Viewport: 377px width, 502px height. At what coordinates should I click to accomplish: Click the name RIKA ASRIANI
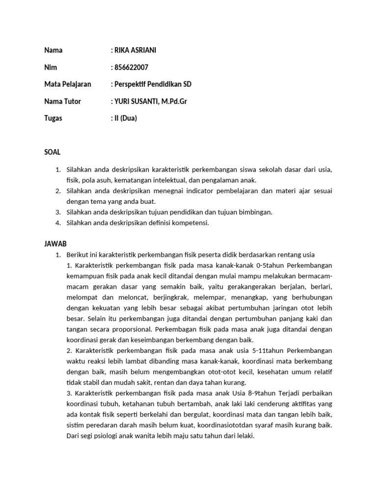click(x=135, y=50)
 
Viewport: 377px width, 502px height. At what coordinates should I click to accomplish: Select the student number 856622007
click(x=131, y=67)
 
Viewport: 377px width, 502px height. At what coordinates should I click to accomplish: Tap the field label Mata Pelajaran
click(x=68, y=84)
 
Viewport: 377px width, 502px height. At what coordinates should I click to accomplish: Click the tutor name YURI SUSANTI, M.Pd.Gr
click(x=151, y=101)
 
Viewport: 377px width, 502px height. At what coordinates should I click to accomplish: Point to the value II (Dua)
click(x=126, y=118)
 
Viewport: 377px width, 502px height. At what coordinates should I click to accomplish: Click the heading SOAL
click(x=53, y=152)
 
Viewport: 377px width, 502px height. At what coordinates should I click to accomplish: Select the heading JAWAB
click(x=55, y=243)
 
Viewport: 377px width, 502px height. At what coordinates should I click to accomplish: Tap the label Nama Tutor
click(x=62, y=101)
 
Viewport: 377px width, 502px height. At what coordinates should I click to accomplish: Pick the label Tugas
click(x=53, y=118)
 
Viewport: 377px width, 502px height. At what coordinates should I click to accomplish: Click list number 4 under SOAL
click(x=57, y=223)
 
